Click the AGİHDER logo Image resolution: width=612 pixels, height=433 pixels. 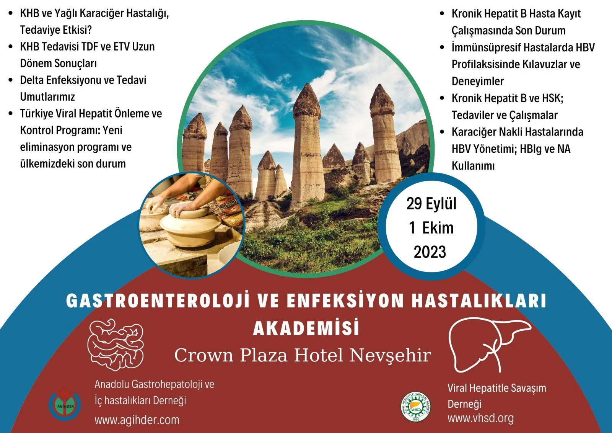[x=65, y=405]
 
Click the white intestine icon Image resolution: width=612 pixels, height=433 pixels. [x=116, y=345]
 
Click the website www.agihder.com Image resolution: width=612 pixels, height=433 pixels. [x=137, y=420]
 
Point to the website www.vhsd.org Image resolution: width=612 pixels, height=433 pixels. [x=480, y=418]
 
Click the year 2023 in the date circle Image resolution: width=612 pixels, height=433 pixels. [x=430, y=252]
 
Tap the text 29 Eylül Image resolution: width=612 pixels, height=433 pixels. [x=431, y=204]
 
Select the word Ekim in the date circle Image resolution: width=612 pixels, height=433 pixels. [x=438, y=228]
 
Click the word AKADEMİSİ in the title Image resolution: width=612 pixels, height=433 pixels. [x=306, y=328]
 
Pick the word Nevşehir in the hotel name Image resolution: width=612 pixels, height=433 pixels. [x=391, y=355]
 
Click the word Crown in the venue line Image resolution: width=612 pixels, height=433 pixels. [x=203, y=355]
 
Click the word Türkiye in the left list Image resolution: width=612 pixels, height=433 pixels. [x=37, y=114]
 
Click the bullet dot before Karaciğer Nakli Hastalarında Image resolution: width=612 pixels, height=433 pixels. [x=442, y=132]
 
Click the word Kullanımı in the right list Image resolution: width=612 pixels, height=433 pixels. [x=473, y=166]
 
